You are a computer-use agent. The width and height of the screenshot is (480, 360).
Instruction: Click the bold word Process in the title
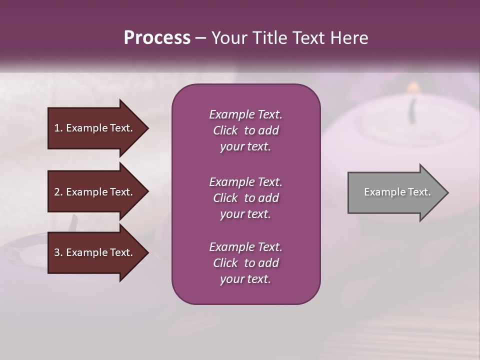(157, 37)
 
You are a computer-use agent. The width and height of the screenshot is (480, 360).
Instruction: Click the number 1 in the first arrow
(57, 128)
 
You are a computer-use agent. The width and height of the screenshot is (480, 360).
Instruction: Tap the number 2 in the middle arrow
(57, 192)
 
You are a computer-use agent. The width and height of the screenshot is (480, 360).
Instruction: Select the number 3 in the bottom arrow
(57, 252)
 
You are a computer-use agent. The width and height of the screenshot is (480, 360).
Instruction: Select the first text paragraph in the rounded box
(245, 130)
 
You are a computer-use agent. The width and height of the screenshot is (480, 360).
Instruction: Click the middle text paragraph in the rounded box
(245, 198)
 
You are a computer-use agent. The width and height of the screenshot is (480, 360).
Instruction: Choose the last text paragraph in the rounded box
(245, 263)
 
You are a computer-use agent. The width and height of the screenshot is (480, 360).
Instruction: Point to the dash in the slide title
(200, 38)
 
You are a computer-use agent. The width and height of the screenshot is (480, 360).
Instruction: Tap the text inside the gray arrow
(397, 192)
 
